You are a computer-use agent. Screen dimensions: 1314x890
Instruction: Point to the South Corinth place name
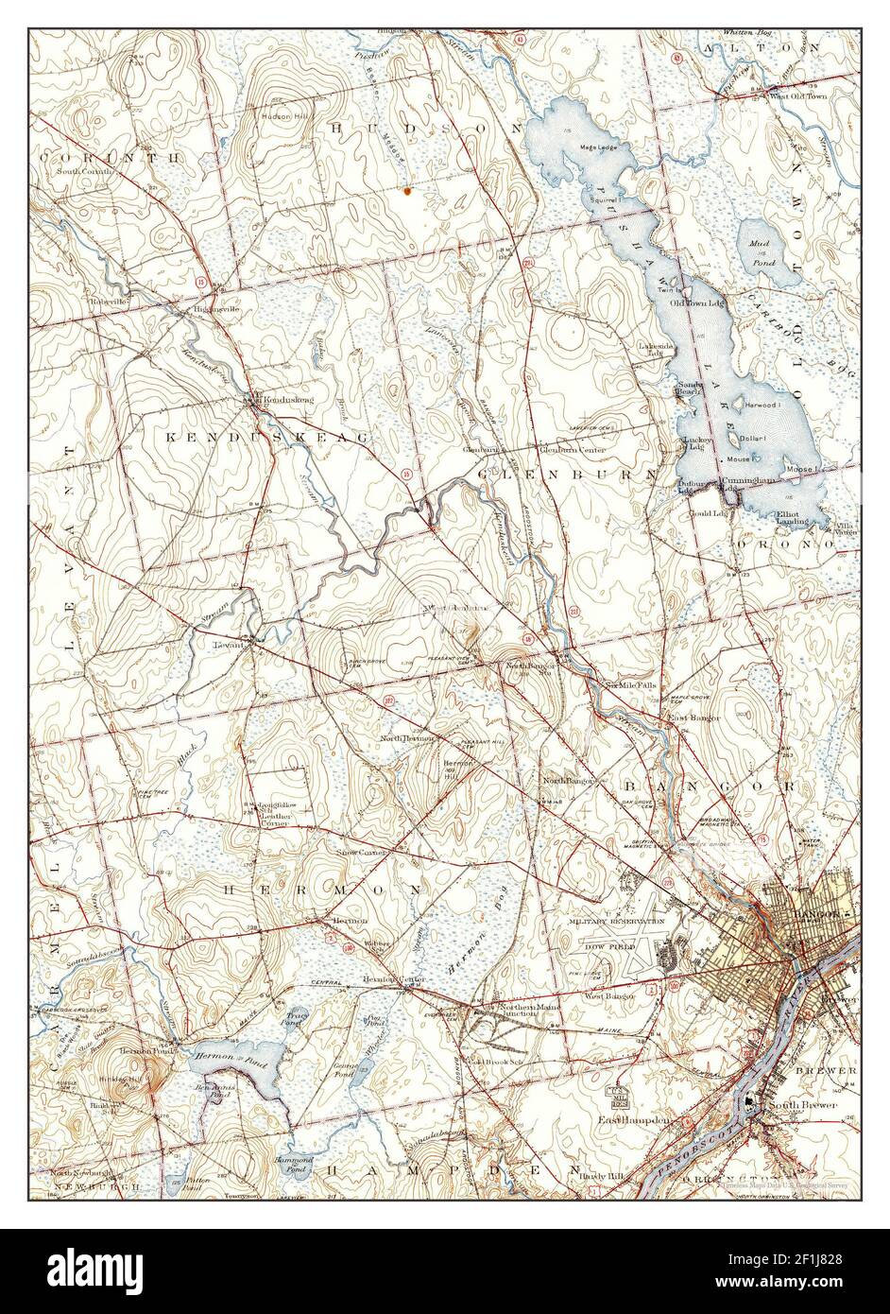85,171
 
